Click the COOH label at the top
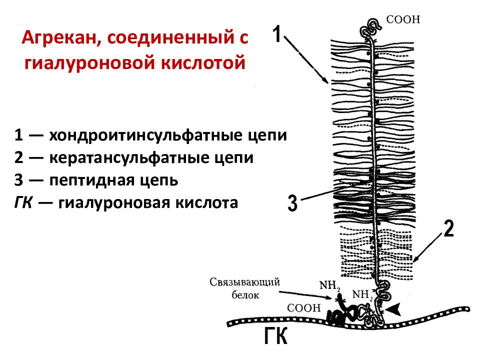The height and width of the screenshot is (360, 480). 403,19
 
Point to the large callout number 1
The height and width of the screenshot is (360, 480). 276,33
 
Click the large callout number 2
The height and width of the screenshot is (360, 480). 448,228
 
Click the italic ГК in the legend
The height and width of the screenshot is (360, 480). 23,202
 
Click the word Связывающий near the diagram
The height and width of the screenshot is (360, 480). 244,282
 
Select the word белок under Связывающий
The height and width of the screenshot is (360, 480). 245,295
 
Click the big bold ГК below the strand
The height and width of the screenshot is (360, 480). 275,336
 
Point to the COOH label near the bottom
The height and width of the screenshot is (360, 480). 303,307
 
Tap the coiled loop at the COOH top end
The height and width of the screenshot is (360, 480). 370,28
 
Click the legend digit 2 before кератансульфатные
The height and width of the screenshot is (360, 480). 18,157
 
